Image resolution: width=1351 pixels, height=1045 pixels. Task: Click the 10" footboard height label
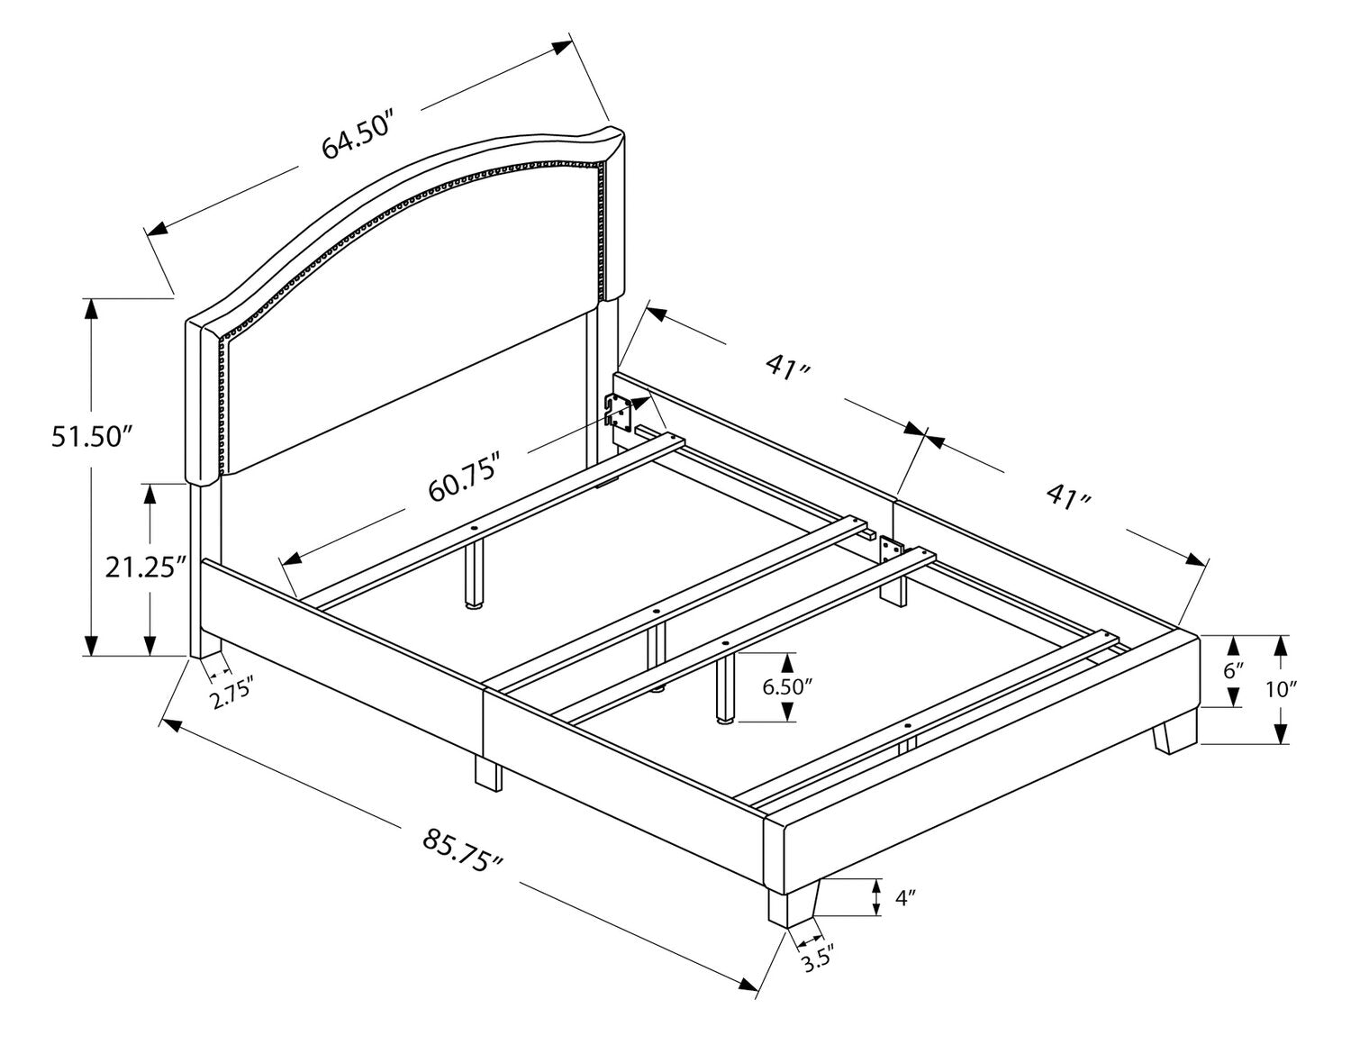tap(1305, 690)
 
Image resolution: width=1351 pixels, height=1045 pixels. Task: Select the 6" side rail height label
tap(1234, 670)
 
